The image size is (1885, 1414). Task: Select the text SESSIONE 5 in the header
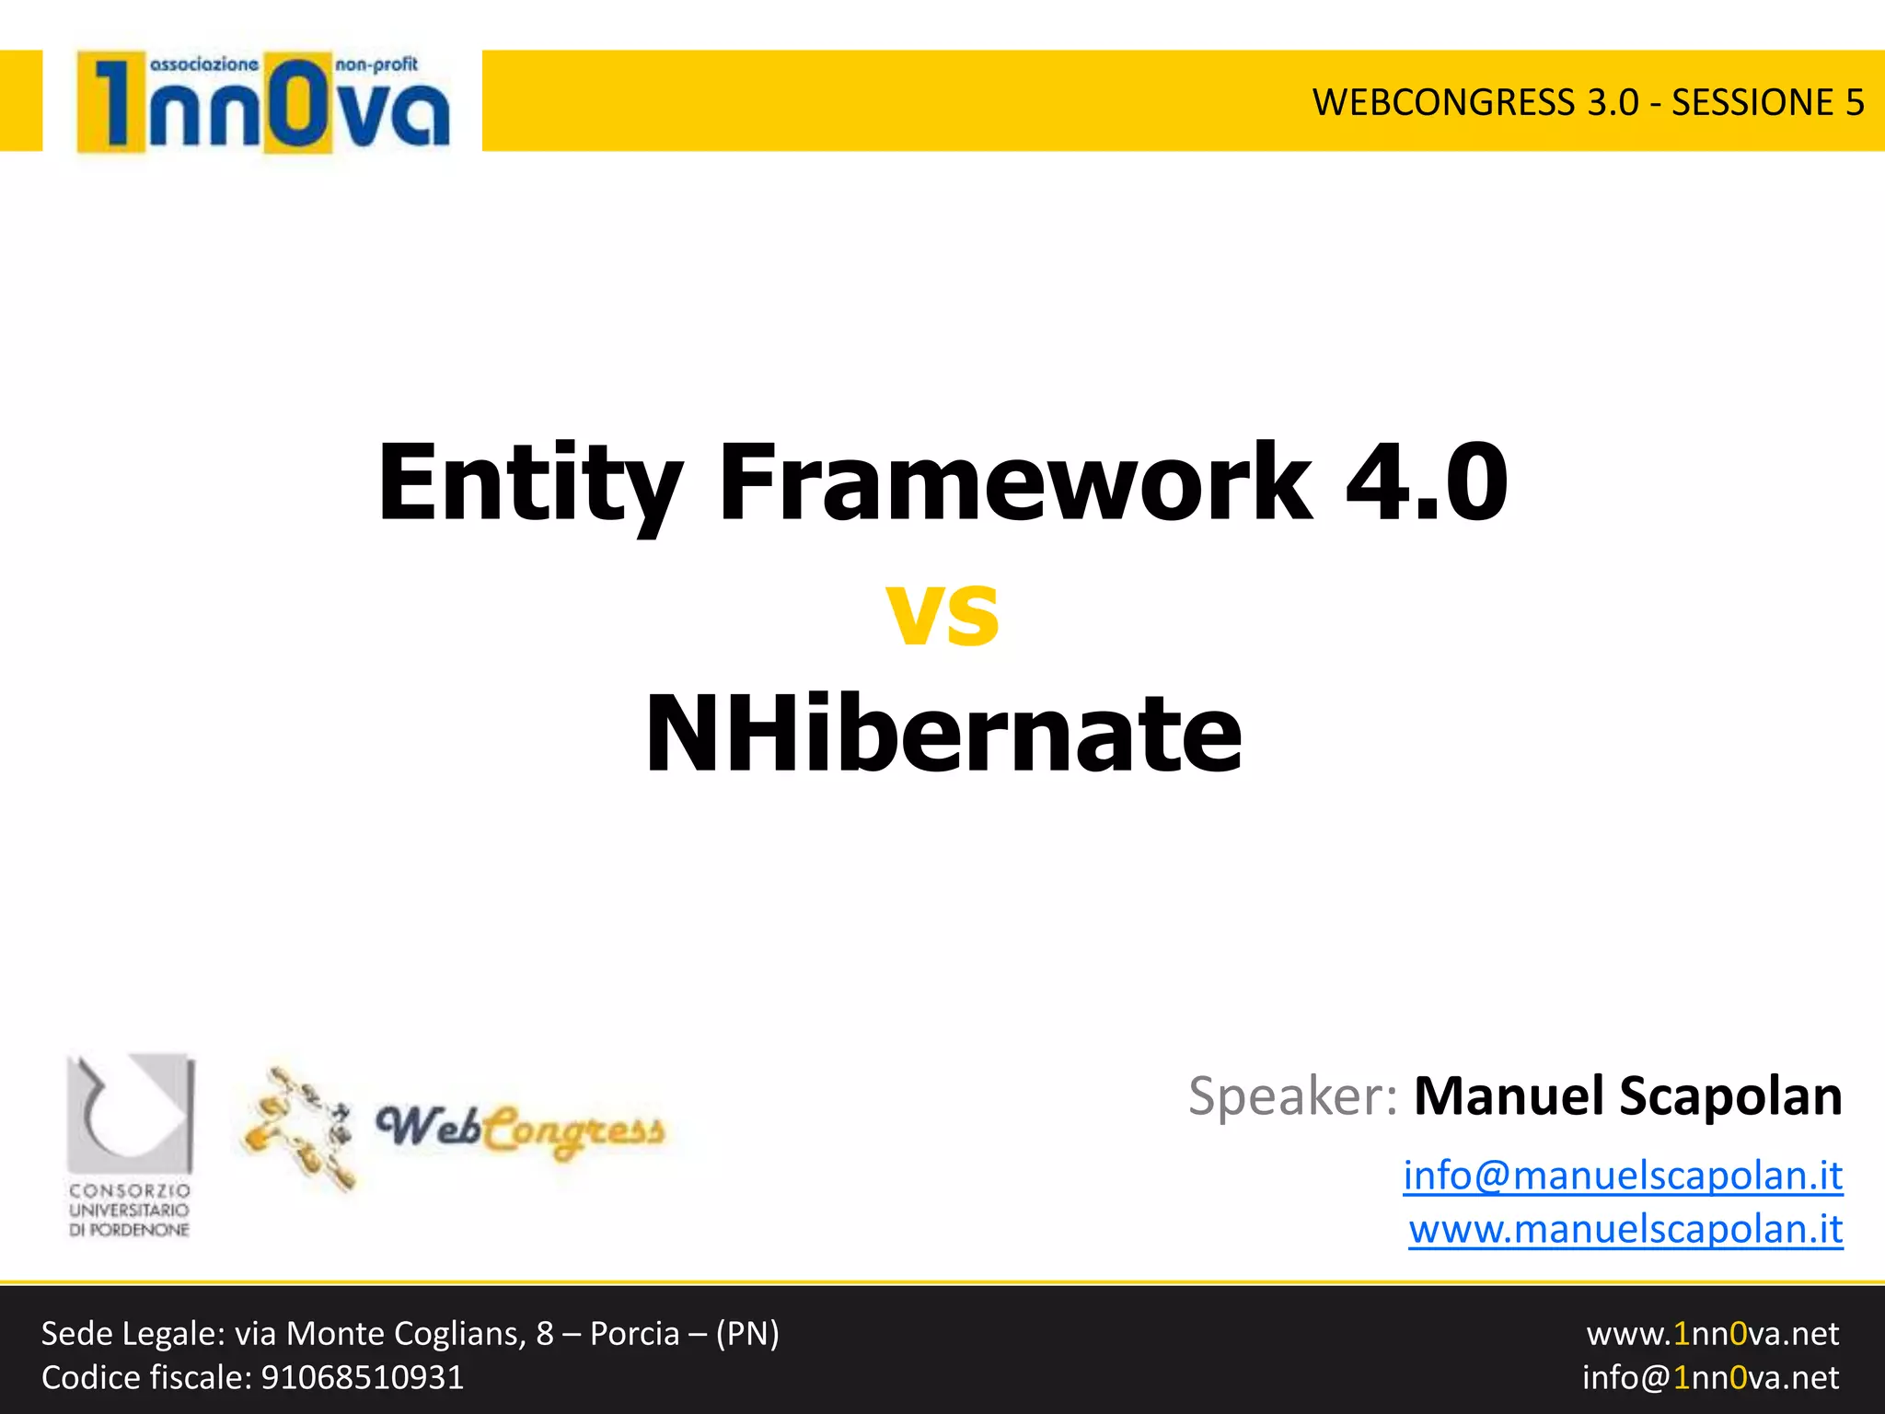[x=1767, y=102]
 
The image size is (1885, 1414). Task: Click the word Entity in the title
[x=529, y=483]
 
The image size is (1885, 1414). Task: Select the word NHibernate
[x=942, y=734]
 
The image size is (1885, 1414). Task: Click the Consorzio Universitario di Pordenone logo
[x=130, y=1146]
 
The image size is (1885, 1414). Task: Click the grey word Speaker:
[x=1293, y=1096]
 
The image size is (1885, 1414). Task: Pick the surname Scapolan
[x=1730, y=1096]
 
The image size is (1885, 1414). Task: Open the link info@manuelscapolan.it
[x=1623, y=1176]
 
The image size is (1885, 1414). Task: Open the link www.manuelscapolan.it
[x=1625, y=1229]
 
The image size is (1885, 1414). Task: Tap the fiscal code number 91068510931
[x=363, y=1378]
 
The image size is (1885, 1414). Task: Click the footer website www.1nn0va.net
[x=1712, y=1334]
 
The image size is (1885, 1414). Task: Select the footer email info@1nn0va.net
[x=1710, y=1378]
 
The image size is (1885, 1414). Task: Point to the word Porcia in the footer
[x=634, y=1334]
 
